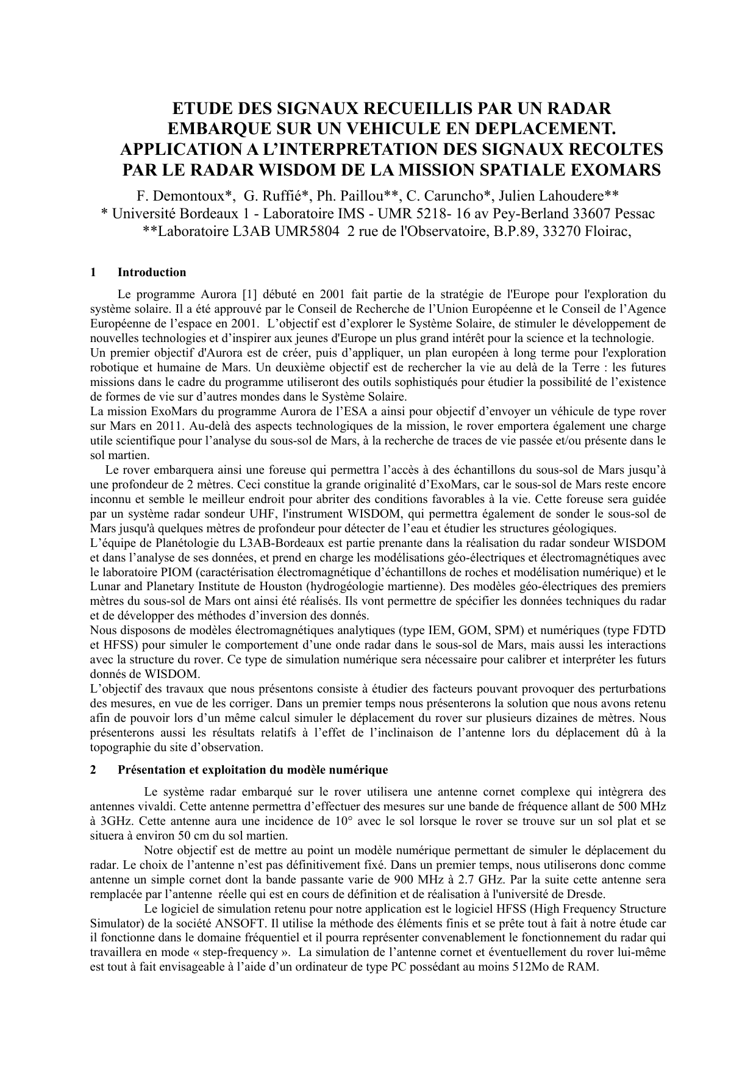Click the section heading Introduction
click(x=152, y=273)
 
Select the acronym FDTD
click(x=649, y=630)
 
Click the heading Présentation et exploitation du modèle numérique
click(x=252, y=770)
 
